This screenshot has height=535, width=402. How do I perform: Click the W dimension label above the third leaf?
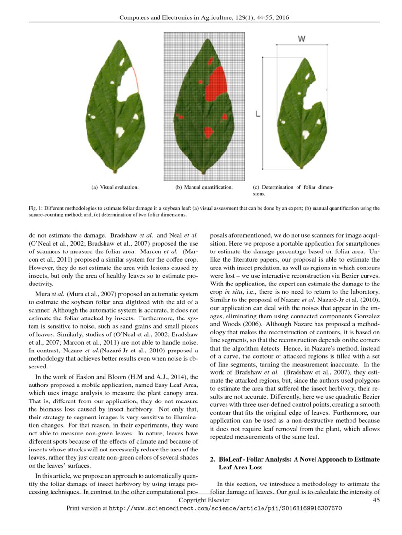pos(301,39)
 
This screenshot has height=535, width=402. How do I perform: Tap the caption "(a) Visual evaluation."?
pos(115,187)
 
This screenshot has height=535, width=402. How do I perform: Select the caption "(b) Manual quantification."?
pos(204,187)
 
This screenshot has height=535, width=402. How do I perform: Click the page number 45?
pos(376,500)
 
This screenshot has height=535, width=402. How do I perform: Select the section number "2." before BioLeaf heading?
pos(212,459)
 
